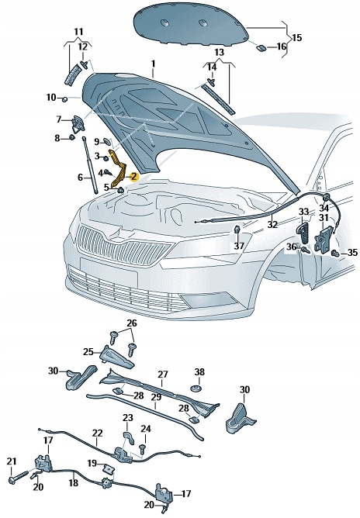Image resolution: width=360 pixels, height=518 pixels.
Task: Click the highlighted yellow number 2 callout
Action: [x=133, y=177]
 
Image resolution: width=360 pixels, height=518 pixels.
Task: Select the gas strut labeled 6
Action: [x=89, y=165]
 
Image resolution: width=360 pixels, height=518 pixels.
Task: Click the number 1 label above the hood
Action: [x=153, y=64]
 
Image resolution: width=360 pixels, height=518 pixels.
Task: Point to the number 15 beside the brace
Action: [x=297, y=37]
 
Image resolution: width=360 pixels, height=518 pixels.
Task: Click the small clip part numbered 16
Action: [x=261, y=47]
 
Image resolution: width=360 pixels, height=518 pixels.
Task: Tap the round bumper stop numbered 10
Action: [x=65, y=98]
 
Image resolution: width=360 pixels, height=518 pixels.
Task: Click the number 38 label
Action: [x=199, y=372]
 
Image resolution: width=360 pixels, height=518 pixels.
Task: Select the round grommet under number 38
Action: [x=197, y=388]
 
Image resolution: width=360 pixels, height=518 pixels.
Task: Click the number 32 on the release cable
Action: [x=272, y=224]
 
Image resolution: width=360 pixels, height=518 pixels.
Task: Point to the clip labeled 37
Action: [x=237, y=230]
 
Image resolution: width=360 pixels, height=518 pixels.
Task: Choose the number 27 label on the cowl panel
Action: [x=163, y=375]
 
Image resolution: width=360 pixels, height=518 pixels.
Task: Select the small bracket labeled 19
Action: [x=108, y=468]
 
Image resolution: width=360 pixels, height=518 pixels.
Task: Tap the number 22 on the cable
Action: [x=98, y=433]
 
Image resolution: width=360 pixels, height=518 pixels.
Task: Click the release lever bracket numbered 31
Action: [x=323, y=238]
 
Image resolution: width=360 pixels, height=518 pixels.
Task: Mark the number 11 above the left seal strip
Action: [x=78, y=32]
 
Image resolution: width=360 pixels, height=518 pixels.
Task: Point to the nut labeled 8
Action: [x=71, y=137]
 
